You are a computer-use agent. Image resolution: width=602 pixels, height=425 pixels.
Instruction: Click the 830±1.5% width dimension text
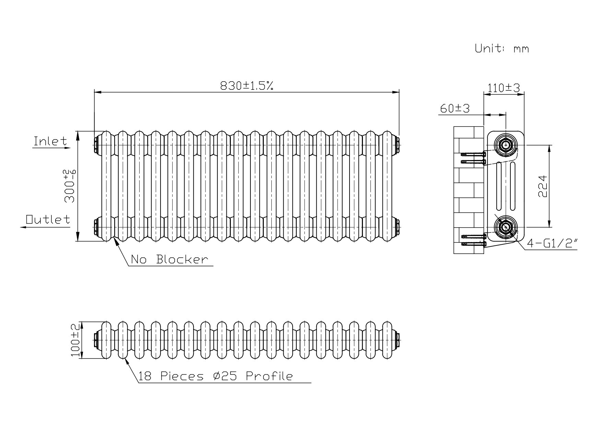[x=246, y=86]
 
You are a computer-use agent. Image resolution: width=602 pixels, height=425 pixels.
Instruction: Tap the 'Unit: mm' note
[x=501, y=49]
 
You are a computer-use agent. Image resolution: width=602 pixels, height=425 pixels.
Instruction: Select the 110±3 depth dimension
[x=504, y=88]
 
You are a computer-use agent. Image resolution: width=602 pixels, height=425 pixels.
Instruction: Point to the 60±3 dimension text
[x=455, y=109]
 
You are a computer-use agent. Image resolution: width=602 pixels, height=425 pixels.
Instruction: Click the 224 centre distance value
[x=542, y=186]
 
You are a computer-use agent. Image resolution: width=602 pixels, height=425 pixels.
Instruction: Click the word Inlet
[x=50, y=141]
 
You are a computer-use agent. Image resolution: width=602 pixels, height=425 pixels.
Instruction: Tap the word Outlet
[x=48, y=219]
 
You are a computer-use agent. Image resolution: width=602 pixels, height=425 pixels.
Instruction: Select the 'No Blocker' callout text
[x=169, y=259]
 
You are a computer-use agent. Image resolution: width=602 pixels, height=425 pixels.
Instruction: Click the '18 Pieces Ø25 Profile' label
[x=215, y=376]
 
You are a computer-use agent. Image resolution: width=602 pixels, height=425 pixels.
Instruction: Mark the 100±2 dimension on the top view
[x=75, y=340]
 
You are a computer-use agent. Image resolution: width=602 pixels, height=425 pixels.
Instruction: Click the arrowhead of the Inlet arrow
[x=67, y=148]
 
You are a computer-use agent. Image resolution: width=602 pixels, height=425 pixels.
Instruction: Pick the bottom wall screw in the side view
[x=473, y=244]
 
